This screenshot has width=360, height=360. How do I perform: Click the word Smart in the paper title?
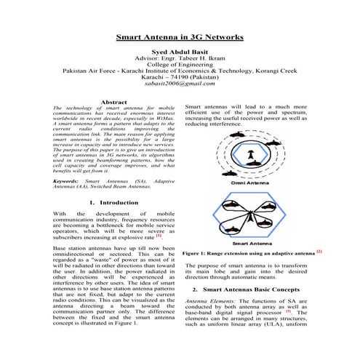(x=132, y=36)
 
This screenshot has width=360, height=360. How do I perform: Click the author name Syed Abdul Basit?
(x=180, y=52)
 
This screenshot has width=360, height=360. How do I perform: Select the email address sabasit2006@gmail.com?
(x=180, y=84)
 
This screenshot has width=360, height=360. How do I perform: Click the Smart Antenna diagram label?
(x=252, y=244)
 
